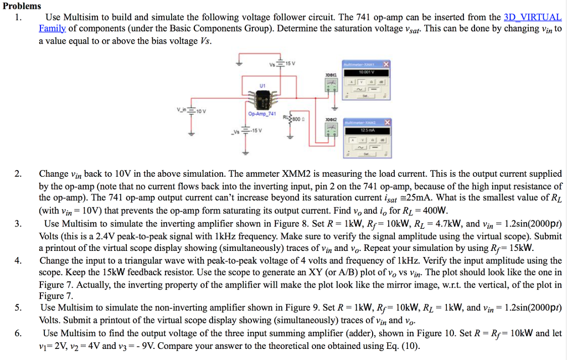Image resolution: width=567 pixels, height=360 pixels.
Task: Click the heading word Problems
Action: (21, 6)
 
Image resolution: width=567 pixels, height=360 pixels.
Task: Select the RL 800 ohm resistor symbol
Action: (290, 119)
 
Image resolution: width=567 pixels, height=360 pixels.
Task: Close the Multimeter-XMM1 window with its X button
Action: (386, 64)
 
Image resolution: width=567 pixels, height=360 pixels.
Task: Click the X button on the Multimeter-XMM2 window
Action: (386, 122)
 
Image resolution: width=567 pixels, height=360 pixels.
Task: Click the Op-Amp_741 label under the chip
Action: (261, 114)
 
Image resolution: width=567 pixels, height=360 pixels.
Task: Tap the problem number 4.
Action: (18, 260)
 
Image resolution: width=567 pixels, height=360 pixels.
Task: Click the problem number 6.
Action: (18, 333)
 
